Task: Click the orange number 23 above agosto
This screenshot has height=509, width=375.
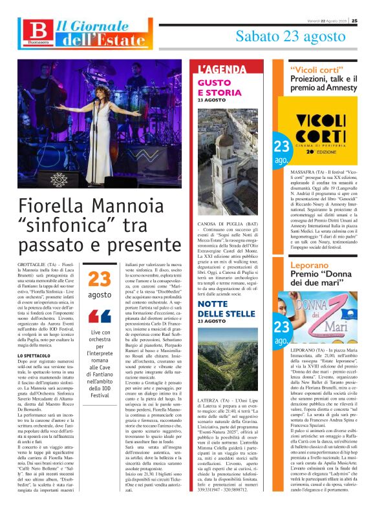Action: click(100, 279)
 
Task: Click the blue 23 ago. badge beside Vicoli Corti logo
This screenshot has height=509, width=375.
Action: click(281, 151)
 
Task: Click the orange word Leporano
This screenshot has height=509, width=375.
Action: click(310, 265)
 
